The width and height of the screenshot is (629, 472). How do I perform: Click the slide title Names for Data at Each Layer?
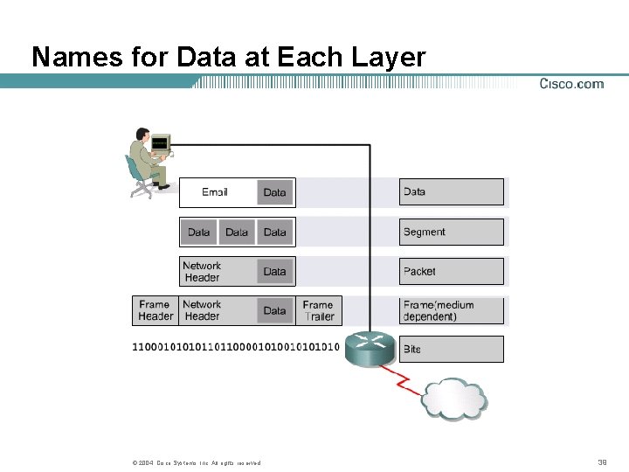[x=228, y=57]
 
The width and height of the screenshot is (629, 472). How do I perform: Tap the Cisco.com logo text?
[x=571, y=84]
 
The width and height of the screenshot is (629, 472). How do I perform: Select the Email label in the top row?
[x=215, y=192]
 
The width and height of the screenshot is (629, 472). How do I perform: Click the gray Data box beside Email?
[x=274, y=192]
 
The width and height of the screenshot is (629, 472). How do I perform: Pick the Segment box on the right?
[x=451, y=232]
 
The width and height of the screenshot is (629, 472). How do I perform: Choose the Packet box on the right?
[x=451, y=271]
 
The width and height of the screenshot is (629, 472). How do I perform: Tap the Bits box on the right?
[x=451, y=349]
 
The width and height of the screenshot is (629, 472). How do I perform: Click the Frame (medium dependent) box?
[x=451, y=310]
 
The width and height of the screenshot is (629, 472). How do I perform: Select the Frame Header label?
[x=156, y=310]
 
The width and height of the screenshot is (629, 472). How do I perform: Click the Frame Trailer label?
[x=318, y=310]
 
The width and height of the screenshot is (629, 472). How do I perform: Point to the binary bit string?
[x=235, y=347]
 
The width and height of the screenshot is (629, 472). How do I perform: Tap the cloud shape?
[x=454, y=398]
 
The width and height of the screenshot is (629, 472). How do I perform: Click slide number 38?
[x=602, y=462]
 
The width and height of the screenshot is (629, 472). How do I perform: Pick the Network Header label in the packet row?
[x=202, y=271]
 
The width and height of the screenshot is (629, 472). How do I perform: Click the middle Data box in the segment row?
[x=237, y=232]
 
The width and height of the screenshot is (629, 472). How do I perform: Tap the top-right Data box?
[x=451, y=192]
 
